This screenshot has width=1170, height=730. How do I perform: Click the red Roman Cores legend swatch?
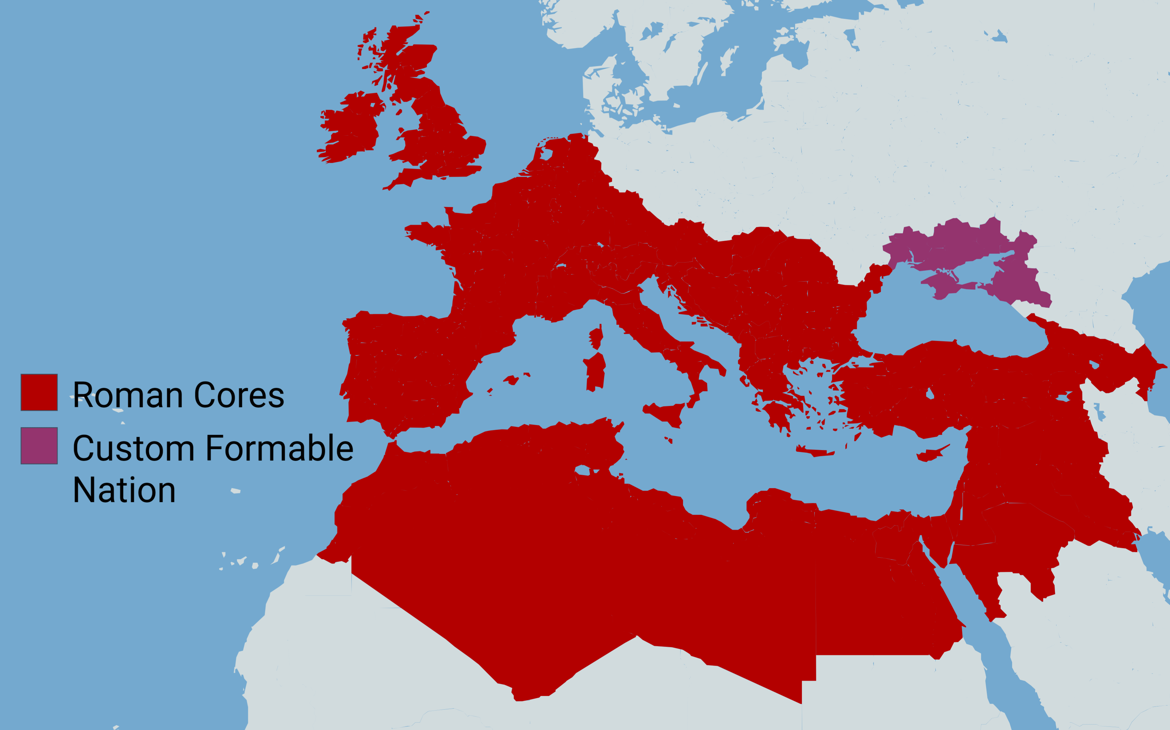pos(39,392)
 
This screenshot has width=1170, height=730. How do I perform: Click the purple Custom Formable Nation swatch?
pos(39,446)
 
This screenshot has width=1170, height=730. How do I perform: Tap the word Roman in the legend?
pos(128,395)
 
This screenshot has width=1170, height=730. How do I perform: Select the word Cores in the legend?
pos(239,395)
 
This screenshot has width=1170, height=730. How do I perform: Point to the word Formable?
pos(280,449)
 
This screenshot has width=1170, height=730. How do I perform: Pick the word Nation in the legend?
pos(124,490)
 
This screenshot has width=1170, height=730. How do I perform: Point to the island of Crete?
pos(816,452)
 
